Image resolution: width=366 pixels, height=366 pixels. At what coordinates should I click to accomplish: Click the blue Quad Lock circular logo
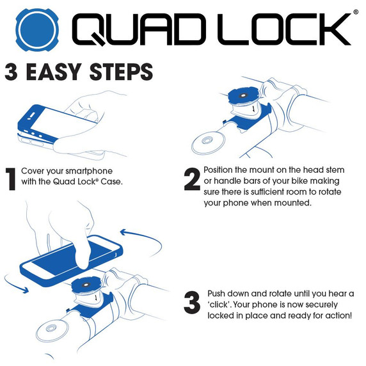pyautogui.click(x=37, y=30)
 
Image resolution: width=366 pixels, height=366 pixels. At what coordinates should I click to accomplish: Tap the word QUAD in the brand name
pyautogui.click(x=139, y=29)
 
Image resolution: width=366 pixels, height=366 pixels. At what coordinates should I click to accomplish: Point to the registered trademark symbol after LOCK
pyautogui.click(x=356, y=12)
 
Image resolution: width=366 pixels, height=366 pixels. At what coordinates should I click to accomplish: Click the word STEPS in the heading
pyautogui.click(x=121, y=72)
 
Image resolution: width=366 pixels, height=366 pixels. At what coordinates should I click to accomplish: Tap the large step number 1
pyautogui.click(x=10, y=179)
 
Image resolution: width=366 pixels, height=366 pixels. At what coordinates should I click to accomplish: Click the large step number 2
pyautogui.click(x=192, y=179)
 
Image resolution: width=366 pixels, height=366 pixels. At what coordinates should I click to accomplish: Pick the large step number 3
pyautogui.click(x=192, y=303)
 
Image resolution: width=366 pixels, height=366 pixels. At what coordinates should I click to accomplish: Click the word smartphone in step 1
pyautogui.click(x=89, y=171)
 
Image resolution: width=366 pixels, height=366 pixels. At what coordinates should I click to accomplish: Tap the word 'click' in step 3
pyautogui.click(x=219, y=305)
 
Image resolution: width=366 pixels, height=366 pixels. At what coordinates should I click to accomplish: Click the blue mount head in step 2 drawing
pyautogui.click(x=243, y=96)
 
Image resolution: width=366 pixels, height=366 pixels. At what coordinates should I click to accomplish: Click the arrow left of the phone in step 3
pyautogui.click(x=15, y=285)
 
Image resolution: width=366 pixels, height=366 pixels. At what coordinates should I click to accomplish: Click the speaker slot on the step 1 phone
pyautogui.click(x=32, y=115)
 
